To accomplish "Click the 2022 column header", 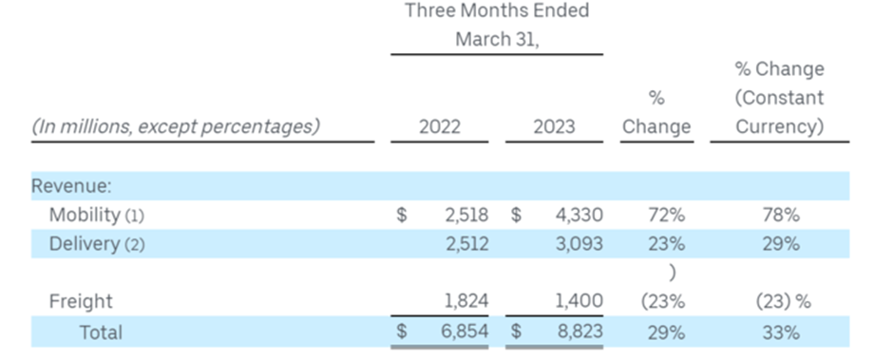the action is (439, 126).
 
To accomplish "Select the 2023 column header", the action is (554, 126).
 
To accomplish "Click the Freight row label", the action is (81, 301).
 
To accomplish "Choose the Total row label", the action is (101, 332).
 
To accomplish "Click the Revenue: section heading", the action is (71, 186).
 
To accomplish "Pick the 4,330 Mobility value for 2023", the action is (579, 215).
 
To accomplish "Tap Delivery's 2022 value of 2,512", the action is (467, 244).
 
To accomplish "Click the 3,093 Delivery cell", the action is (579, 244).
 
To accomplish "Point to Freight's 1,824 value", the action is (466, 301).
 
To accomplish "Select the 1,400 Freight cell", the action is (579, 301).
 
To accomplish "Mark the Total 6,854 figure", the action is (465, 331).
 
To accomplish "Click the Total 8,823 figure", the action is (580, 331).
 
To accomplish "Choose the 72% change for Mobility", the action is (666, 215).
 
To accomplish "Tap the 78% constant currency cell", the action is (781, 215).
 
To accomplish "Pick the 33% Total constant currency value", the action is (781, 332).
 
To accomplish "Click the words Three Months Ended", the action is (497, 10).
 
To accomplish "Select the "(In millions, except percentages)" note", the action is (176, 126).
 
